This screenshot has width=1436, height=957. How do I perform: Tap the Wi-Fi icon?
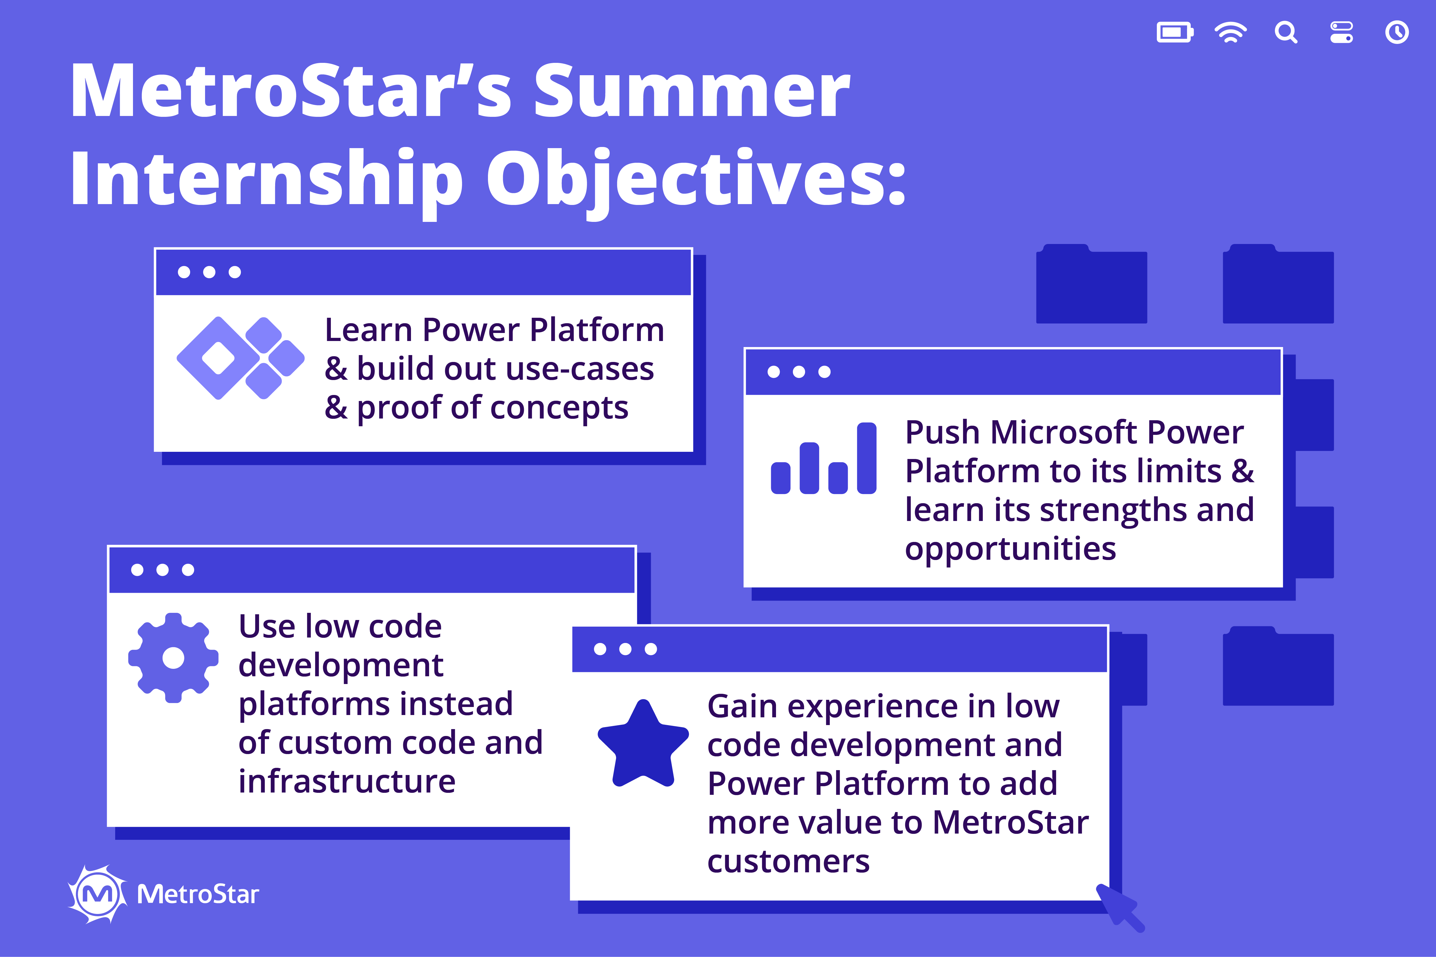pyautogui.click(x=1230, y=32)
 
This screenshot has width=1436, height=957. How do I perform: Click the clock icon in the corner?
pyautogui.click(x=1397, y=32)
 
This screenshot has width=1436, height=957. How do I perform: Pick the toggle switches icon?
pyautogui.click(x=1341, y=32)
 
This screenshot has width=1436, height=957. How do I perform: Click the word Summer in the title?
pyautogui.click(x=692, y=92)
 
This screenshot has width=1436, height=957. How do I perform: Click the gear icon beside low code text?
pyautogui.click(x=173, y=658)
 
